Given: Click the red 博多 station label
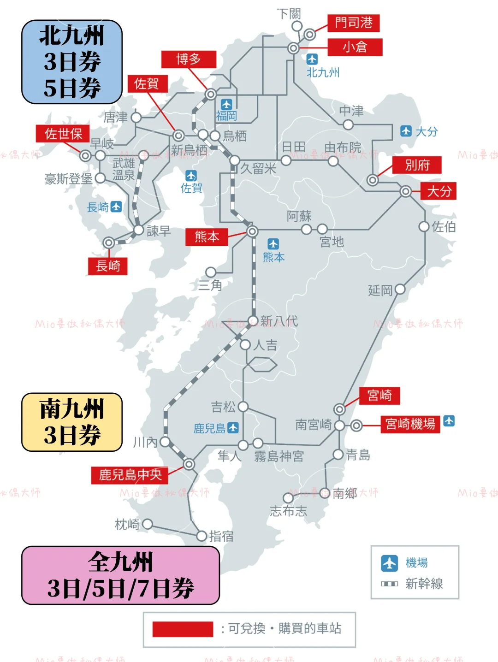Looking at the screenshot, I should [189, 59].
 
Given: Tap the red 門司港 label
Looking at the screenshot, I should [353, 23].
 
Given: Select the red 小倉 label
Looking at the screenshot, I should [355, 47].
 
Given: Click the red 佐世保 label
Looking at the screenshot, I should [63, 134].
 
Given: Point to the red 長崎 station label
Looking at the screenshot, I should [108, 266].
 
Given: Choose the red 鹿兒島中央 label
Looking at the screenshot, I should [130, 475].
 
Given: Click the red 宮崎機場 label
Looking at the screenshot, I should [410, 424].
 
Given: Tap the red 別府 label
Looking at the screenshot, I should [417, 165].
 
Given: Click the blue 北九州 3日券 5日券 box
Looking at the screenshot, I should [72, 62].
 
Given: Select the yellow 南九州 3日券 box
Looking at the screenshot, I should [72, 422].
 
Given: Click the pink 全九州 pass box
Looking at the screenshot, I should [120, 575].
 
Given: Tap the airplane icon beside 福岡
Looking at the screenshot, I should [226, 104].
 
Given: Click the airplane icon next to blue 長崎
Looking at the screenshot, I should [117, 207].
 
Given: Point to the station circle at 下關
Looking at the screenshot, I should [297, 26].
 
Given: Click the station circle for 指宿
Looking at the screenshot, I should [202, 536].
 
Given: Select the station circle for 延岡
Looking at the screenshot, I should [400, 290].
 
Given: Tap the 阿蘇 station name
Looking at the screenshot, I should [299, 216].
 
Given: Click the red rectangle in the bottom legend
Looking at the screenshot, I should [183, 629].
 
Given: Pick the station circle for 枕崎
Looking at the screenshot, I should [148, 524].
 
